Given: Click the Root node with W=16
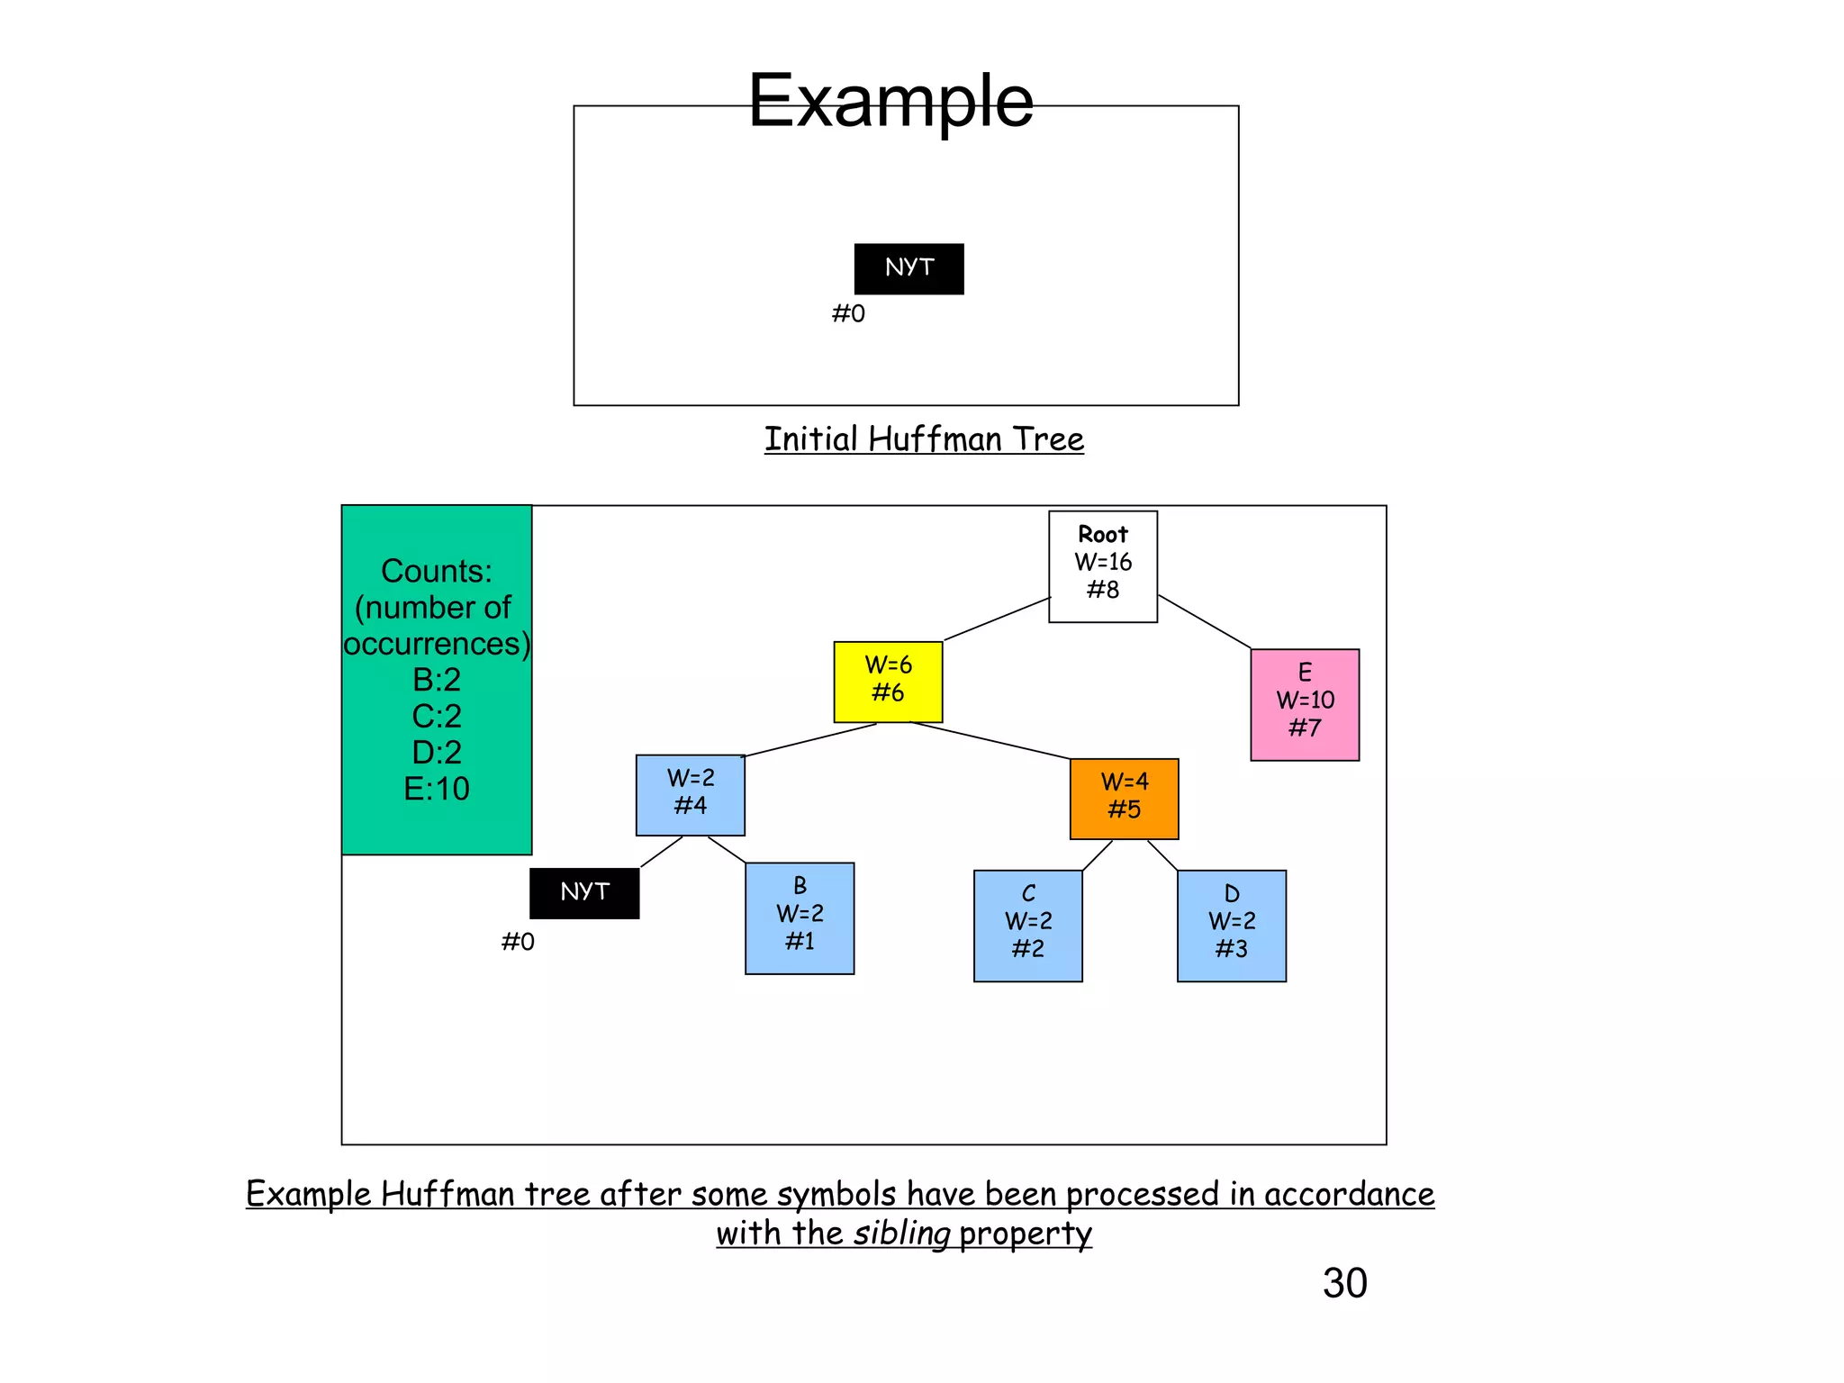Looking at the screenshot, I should click(1102, 566).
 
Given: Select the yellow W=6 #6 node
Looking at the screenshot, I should click(888, 682).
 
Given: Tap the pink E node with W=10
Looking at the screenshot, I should click(1305, 704).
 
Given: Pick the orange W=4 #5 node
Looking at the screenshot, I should click(1124, 798).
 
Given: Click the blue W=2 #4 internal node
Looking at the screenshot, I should click(690, 794).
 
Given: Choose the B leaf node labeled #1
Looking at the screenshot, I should click(800, 917).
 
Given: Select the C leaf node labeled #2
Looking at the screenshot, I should click(1027, 925).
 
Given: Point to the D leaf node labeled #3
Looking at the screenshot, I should click(1231, 925).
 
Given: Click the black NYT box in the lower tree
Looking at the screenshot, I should click(584, 892).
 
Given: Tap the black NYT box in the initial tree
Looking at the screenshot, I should click(908, 268).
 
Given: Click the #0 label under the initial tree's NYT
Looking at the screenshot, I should click(848, 313).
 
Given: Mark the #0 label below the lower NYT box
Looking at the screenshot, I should click(518, 942).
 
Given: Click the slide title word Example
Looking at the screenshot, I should click(890, 101).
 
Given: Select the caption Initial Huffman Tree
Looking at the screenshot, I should click(924, 439).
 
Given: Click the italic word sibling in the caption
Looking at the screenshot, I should click(901, 1233).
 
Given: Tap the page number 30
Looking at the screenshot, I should click(1344, 1283).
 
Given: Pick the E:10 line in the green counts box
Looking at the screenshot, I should click(437, 789).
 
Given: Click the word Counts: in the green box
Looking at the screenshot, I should click(437, 571).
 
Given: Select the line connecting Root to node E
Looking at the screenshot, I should click(1204, 621).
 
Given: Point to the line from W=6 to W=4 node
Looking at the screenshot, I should click(990, 740).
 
